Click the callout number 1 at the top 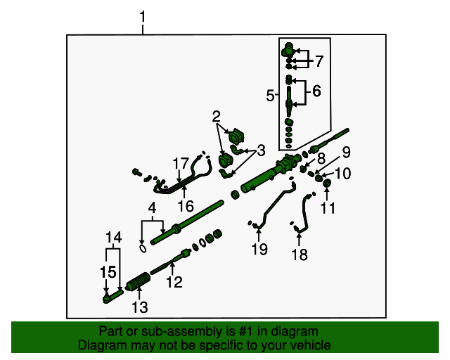coord(143,15)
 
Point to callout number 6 coord(316,91)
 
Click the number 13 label coord(140,307)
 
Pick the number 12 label coord(174,283)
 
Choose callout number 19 coord(259,249)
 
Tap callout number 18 coord(300,255)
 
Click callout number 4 coord(151,208)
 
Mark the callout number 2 coord(217,116)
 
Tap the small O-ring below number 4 coord(143,247)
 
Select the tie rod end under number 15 coord(110,298)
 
